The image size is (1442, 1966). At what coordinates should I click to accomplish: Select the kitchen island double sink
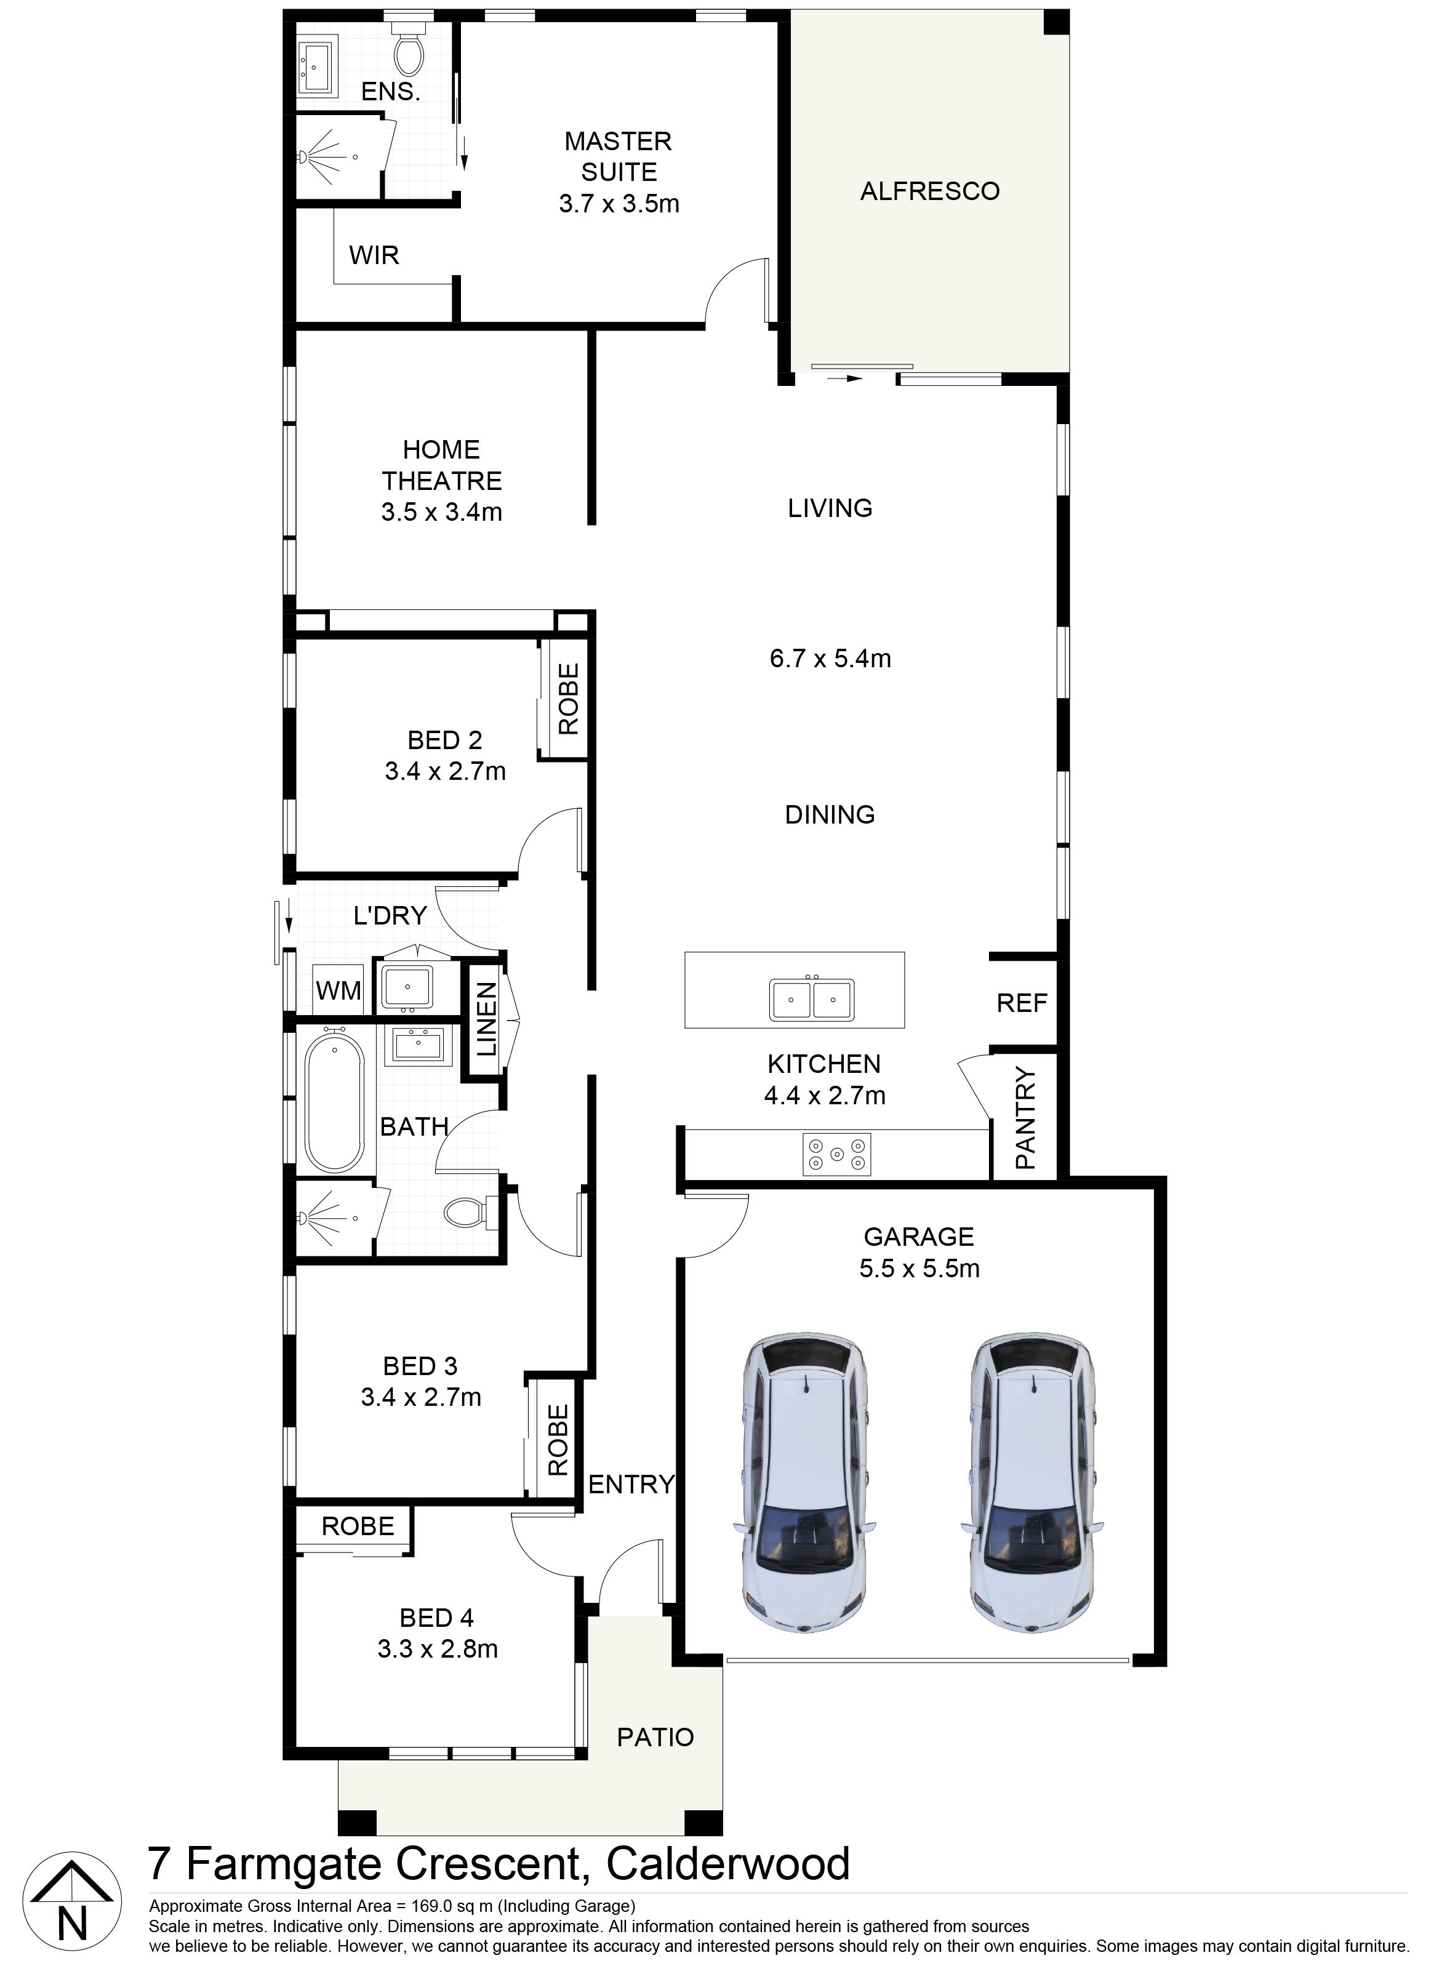pos(811,999)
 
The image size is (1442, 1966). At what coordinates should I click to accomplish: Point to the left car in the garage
pos(804,1482)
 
